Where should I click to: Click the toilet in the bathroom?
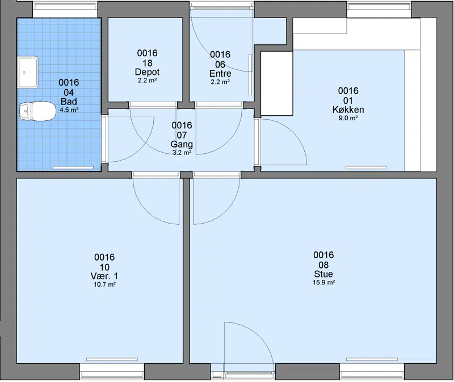[x=37, y=111]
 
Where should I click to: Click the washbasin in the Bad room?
[x=28, y=72]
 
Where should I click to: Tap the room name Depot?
[x=147, y=72]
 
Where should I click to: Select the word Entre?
[x=220, y=73]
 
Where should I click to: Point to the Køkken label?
[x=348, y=110]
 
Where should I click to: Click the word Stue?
[x=323, y=274]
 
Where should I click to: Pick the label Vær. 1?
[x=104, y=276]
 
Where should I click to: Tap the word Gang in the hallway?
[x=182, y=144]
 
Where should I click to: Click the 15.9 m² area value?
[x=323, y=282]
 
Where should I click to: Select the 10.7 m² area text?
[x=104, y=284]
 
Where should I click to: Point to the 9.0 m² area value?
[x=348, y=118]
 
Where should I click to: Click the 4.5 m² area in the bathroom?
[x=69, y=110]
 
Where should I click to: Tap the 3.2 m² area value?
[x=182, y=153]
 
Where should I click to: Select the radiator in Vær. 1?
[x=112, y=359]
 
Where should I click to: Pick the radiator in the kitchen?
[x=366, y=167]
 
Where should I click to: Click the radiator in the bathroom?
[x=73, y=167]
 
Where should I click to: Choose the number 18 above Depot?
[x=147, y=63]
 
